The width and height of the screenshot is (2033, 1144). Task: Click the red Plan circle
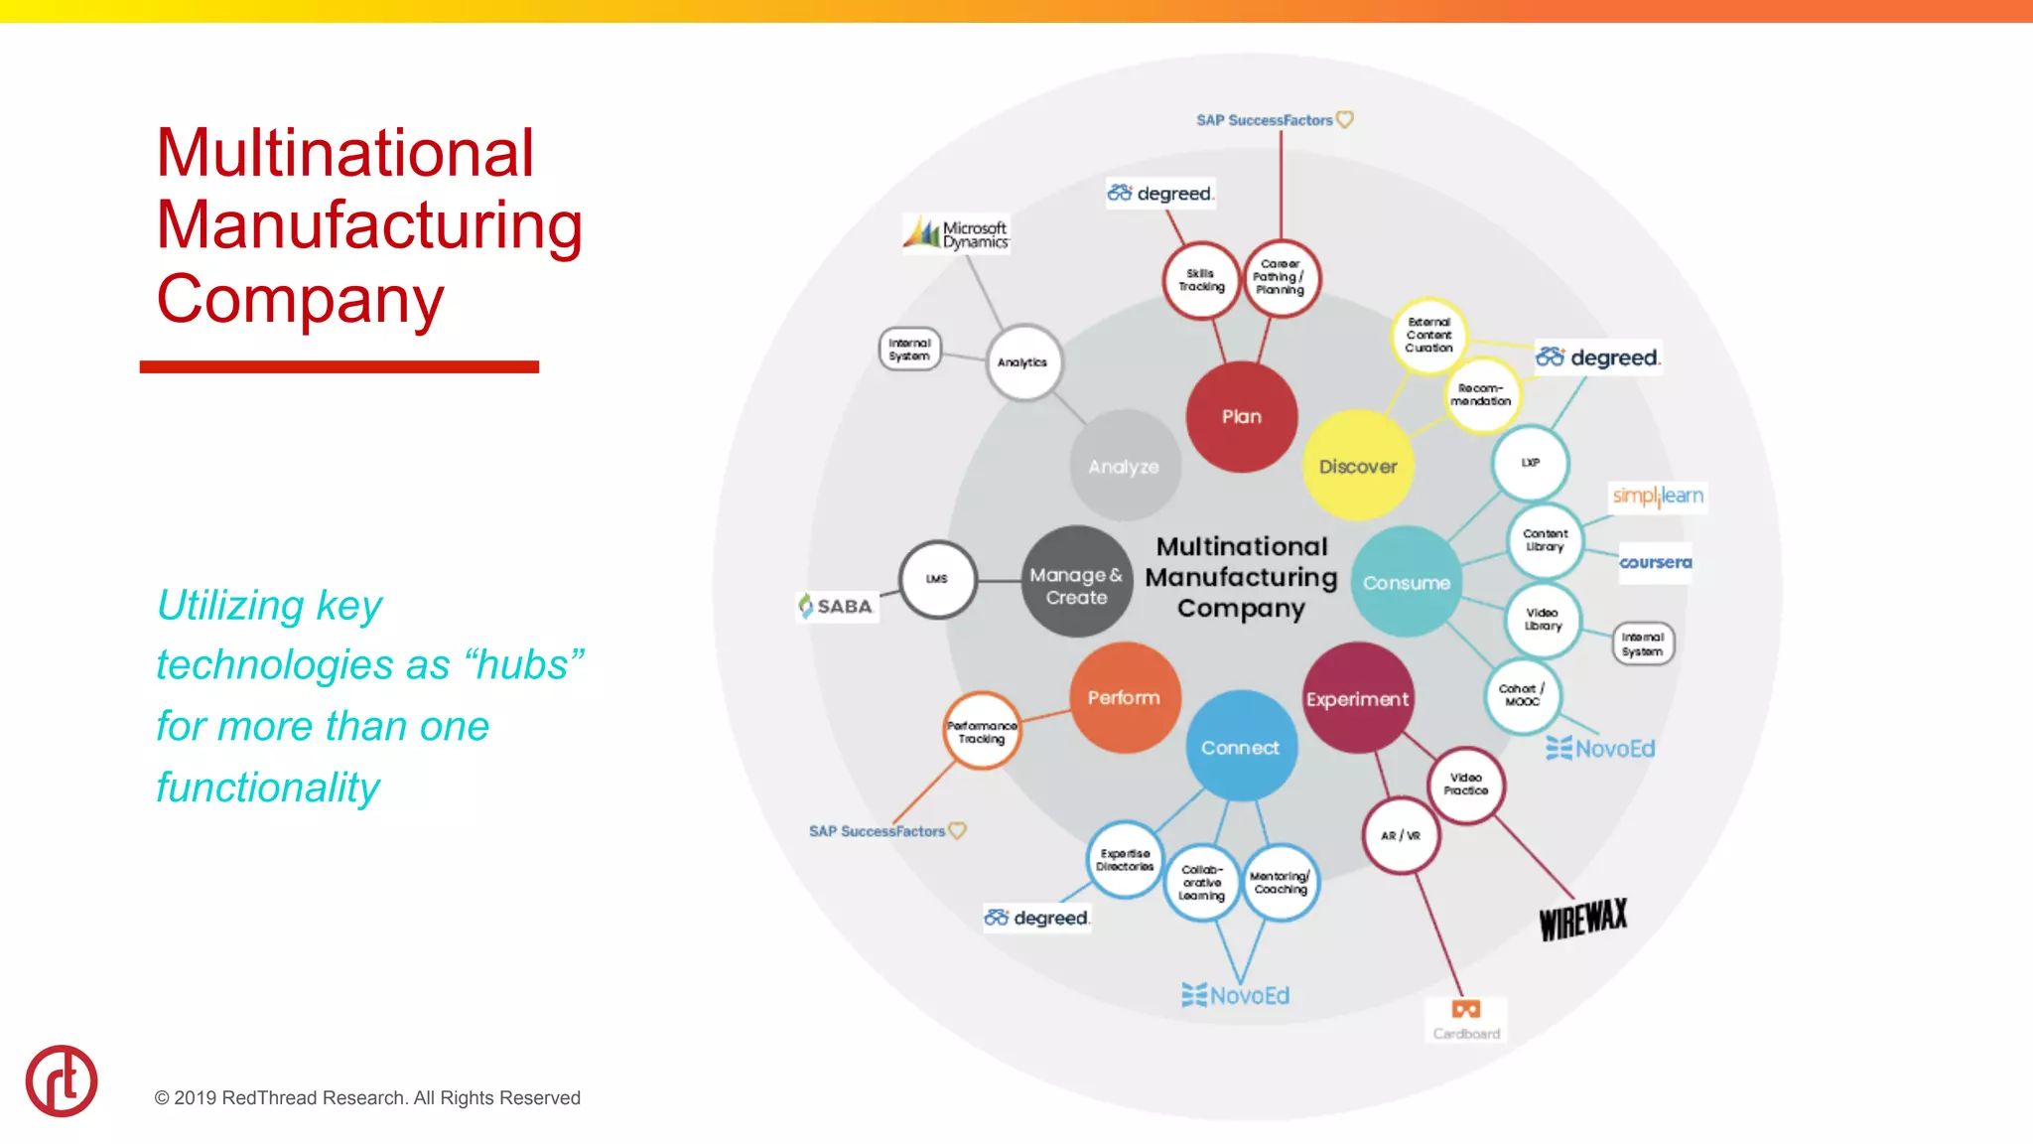(x=1241, y=417)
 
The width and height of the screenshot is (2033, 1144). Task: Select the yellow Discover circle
(x=1358, y=466)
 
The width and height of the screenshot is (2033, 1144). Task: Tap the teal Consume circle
(x=1406, y=583)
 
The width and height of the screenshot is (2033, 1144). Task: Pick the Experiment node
(x=1357, y=699)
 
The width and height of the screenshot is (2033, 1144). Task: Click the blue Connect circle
(x=1241, y=747)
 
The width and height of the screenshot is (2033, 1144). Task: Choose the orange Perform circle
(x=1124, y=698)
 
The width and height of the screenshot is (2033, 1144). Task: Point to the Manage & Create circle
(x=1076, y=585)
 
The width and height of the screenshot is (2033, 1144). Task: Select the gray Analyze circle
(x=1124, y=466)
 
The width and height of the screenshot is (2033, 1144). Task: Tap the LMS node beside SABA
(x=937, y=579)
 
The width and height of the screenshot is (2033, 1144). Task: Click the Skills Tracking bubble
(x=1201, y=280)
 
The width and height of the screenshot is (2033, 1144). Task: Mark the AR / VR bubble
(x=1401, y=835)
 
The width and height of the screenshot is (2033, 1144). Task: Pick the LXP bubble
(x=1531, y=463)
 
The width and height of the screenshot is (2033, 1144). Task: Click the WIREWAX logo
(x=1583, y=920)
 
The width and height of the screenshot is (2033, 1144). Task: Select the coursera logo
(x=1655, y=562)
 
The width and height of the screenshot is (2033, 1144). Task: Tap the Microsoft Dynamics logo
(x=956, y=234)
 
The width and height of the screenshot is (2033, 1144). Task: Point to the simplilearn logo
(x=1658, y=496)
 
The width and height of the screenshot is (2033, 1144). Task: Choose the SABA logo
(x=836, y=606)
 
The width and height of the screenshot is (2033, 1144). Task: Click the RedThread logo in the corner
(x=62, y=1080)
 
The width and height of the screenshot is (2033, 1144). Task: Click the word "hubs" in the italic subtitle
(x=522, y=665)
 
